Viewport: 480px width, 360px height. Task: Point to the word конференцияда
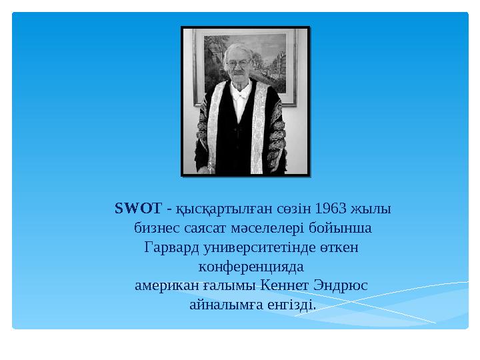(251, 267)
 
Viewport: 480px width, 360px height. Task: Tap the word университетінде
(262, 248)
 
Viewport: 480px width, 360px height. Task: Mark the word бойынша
(349, 229)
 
